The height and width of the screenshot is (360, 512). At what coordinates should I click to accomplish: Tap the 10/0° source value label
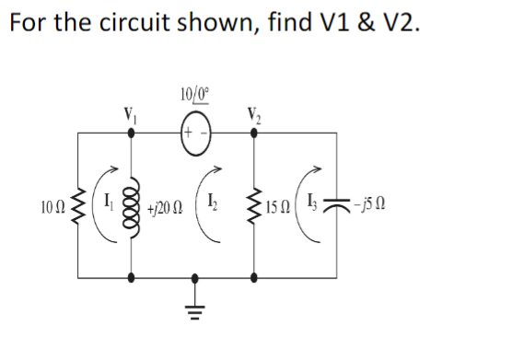click(x=196, y=92)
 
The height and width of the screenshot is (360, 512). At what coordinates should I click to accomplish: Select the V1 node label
click(x=131, y=116)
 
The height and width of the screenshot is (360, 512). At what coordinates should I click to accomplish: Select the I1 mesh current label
click(x=105, y=198)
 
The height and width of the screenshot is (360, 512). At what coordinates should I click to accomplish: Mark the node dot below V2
click(x=253, y=134)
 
